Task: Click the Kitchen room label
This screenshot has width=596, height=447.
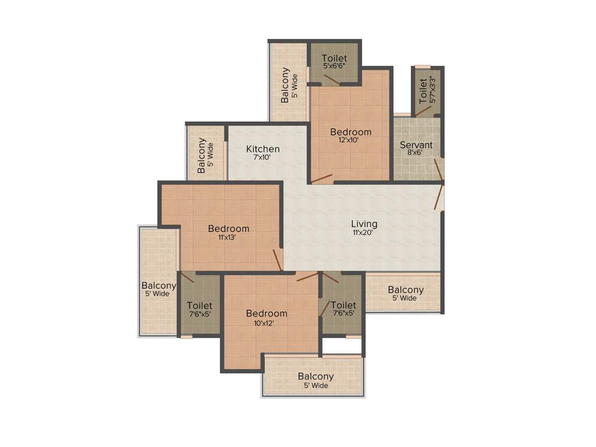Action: tap(262, 149)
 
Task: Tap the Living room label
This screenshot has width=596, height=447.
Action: tap(364, 223)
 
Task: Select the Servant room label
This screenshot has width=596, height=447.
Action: tap(416, 145)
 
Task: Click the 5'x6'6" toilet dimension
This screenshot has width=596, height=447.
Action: tap(335, 66)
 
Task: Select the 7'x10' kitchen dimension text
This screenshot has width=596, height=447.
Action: tap(262, 158)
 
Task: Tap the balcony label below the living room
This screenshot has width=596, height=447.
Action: tap(406, 290)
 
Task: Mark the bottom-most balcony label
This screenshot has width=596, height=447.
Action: tap(315, 377)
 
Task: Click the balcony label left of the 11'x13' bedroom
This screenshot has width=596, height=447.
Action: tap(159, 286)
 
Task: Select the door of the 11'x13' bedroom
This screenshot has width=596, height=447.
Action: tap(278, 260)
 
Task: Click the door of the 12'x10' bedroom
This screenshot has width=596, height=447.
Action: tap(322, 179)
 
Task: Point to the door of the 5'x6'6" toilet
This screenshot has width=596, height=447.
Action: tap(332, 80)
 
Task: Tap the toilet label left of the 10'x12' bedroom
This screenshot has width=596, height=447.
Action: tap(200, 305)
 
